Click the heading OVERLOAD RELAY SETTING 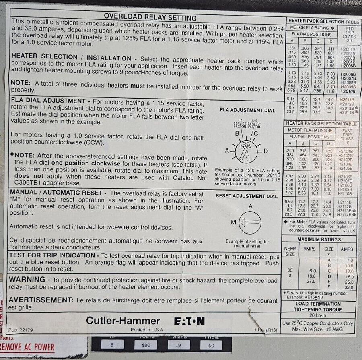(x=150, y=17)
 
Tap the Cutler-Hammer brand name (x=123, y=321)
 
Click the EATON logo (x=189, y=321)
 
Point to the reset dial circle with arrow (x=250, y=222)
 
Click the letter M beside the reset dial (x=233, y=222)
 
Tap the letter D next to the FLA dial (x=265, y=151)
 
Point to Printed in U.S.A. (x=146, y=330)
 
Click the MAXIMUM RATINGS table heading (x=319, y=239)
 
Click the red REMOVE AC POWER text (x=27, y=347)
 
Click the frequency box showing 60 (x=211, y=345)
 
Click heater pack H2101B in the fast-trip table (x=346, y=151)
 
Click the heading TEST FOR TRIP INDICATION (x=52, y=255)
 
